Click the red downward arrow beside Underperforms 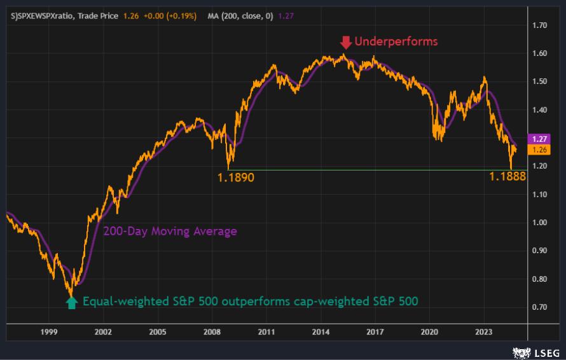click(x=345, y=43)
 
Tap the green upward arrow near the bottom click(x=72, y=302)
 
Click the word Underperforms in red click(x=396, y=42)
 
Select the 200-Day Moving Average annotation click(x=170, y=231)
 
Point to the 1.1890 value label click(x=236, y=177)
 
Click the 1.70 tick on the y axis click(x=541, y=25)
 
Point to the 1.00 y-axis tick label click(x=541, y=223)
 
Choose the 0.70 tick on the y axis click(x=541, y=307)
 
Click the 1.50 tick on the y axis click(x=541, y=81)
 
